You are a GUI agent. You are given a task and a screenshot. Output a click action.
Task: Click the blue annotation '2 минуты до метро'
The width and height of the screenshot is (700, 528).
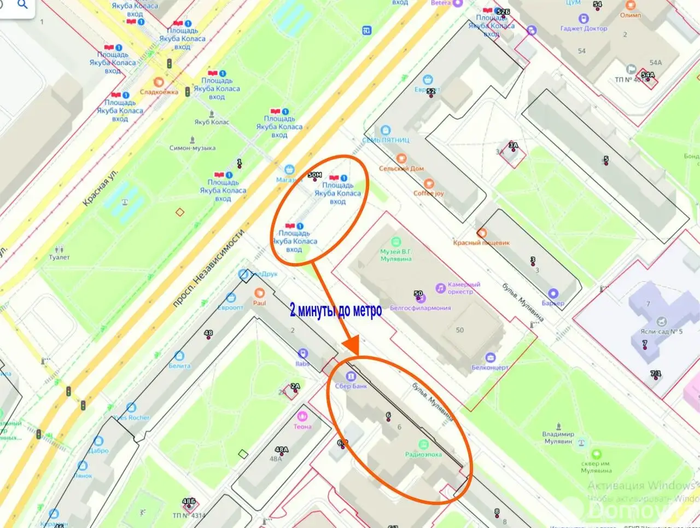pos(336,311)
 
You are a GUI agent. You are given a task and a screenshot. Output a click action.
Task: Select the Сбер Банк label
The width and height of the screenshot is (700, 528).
pos(351,386)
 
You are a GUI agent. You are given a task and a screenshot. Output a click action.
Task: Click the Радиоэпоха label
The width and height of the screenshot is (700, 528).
pos(423,454)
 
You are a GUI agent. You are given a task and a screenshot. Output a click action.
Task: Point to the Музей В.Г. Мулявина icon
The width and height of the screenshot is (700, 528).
pos(396,242)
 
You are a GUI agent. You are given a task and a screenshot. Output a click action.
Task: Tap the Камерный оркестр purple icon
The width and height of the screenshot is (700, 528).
pos(440,288)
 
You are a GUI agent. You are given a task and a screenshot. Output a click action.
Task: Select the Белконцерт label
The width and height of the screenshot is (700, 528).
pos(490,368)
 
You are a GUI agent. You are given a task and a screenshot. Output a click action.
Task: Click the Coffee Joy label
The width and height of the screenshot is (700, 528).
pos(429,193)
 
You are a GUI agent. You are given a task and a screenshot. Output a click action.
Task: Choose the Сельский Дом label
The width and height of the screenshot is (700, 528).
pos(401,169)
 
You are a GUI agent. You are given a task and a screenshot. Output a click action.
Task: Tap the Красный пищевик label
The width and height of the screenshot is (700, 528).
pos(481,242)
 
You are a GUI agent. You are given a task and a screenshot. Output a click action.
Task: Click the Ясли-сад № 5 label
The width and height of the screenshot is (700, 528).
pos(661,332)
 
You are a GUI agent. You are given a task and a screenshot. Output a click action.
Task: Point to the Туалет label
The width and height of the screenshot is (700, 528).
pos(59,257)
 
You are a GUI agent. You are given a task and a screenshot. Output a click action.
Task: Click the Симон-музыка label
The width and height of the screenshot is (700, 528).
pos(192,148)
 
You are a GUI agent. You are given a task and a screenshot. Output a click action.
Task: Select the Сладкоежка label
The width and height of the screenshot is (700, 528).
pos(159,92)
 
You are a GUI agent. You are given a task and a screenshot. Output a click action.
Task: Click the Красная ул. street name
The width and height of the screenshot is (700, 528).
pos(100,188)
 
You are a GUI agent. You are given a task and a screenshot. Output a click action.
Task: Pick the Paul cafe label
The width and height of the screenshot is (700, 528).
pos(259,303)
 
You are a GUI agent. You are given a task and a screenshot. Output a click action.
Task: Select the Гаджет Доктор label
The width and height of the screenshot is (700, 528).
pos(584,28)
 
